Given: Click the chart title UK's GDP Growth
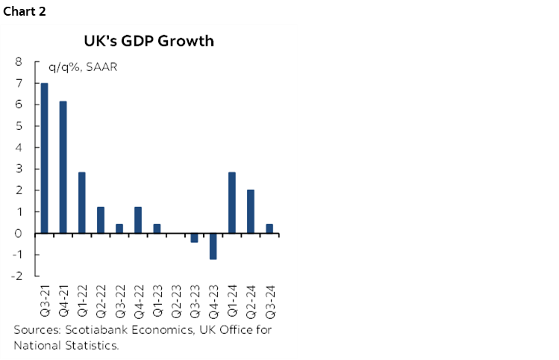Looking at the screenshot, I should coord(149,41).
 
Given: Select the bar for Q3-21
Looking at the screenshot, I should coord(45,158).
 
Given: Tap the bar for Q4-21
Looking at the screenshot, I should coord(63,167).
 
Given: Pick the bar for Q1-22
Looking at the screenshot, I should coord(82,202).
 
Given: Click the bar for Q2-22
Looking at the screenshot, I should coord(101,220).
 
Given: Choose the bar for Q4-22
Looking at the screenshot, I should coord(138,220).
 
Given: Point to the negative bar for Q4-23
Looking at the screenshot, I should coord(213,246).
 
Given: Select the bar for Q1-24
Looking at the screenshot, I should coord(231,202).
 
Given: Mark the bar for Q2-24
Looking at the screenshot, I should coord(250,211).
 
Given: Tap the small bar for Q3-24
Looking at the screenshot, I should coord(269,229).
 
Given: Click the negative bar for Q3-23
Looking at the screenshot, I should coord(194,238).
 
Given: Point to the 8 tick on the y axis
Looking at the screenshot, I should coord(18,62).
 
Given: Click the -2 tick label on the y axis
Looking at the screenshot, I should coord(16,276).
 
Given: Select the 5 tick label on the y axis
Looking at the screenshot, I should coord(18,126).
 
